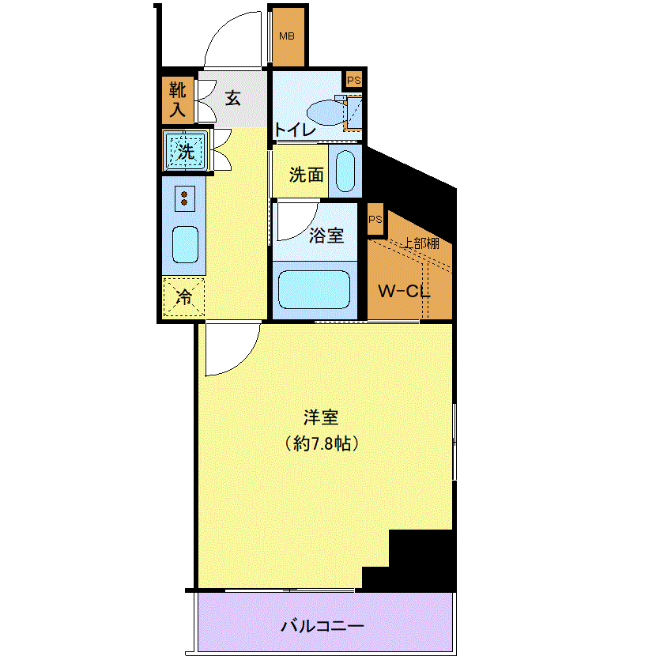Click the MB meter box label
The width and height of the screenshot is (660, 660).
click(287, 36)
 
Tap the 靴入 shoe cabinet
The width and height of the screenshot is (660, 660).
click(178, 100)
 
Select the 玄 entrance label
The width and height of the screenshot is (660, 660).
click(232, 98)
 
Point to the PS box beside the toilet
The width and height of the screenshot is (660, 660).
click(354, 80)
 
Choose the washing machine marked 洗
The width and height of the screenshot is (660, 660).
click(186, 150)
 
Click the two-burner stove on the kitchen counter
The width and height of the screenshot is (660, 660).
click(184, 198)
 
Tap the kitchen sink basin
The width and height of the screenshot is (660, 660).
click(185, 244)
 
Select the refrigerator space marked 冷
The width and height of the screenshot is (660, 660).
click(184, 296)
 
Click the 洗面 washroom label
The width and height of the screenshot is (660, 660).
click(306, 175)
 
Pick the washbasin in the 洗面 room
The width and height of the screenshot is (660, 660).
click(345, 171)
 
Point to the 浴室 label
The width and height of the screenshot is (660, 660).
click(326, 236)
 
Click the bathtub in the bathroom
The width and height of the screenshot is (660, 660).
click(314, 289)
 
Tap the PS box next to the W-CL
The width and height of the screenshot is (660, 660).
click(375, 219)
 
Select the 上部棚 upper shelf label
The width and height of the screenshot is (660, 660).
click(421, 243)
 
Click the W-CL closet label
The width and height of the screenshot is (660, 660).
click(404, 292)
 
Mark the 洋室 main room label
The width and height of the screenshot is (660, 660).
click(321, 417)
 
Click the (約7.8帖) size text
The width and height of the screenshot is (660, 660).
click(322, 443)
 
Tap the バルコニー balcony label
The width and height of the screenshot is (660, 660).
click(322, 626)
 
